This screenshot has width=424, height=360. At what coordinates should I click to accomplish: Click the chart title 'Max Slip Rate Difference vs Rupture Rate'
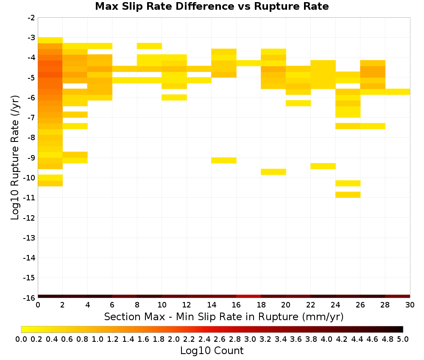click(x=212, y=6)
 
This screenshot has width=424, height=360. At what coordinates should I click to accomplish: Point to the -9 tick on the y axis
click(x=31, y=158)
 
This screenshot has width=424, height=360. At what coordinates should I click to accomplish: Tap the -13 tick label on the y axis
click(x=30, y=238)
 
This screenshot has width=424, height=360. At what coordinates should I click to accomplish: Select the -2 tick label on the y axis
click(x=31, y=18)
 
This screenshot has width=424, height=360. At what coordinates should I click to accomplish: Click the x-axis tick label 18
click(x=261, y=305)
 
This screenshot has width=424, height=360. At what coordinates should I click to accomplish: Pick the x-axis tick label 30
click(x=410, y=305)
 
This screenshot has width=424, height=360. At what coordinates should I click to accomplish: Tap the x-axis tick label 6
click(x=112, y=305)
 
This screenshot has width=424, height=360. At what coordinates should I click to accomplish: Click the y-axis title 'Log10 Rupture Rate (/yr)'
click(x=15, y=158)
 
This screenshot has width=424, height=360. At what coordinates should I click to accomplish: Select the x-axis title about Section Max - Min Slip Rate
click(x=224, y=316)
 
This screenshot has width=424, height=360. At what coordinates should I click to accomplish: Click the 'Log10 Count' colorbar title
click(x=212, y=351)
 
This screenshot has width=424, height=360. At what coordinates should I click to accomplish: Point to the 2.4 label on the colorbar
click(x=204, y=339)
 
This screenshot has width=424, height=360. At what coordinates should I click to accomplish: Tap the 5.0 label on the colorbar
click(x=403, y=339)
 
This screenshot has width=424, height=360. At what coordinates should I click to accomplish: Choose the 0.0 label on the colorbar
click(x=21, y=339)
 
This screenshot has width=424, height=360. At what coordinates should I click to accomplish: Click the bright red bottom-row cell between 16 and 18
click(x=249, y=296)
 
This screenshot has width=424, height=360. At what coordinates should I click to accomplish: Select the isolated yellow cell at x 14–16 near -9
click(x=224, y=161)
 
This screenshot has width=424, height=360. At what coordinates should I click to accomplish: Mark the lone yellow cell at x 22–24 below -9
click(x=323, y=166)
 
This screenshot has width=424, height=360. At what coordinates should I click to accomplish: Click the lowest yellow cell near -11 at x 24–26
click(x=348, y=195)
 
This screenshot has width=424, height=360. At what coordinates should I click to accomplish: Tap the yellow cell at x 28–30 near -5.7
click(x=398, y=92)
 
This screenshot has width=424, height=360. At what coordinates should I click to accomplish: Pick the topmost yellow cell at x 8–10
click(x=150, y=46)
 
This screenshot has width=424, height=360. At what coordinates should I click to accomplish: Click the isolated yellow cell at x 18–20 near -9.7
click(x=273, y=172)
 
